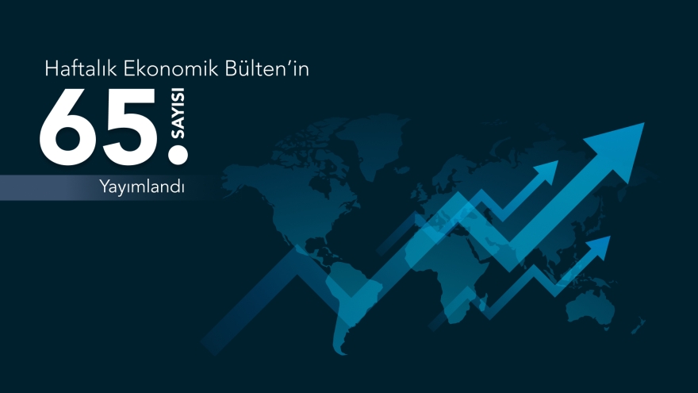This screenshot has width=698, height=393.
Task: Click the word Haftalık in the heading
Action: [x=77, y=70]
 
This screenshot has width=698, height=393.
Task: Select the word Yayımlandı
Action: [x=142, y=188]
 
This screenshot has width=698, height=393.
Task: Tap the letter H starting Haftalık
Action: [x=52, y=70]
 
